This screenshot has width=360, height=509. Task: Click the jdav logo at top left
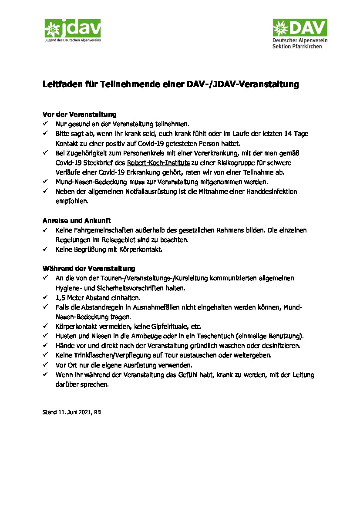tap(72, 30)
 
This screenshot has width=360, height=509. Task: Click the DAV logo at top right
tap(299, 28)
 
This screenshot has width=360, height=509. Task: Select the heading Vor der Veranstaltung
tap(79, 115)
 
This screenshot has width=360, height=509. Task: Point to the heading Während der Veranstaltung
tap(89, 268)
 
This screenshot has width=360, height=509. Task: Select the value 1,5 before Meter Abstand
tap(61, 298)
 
